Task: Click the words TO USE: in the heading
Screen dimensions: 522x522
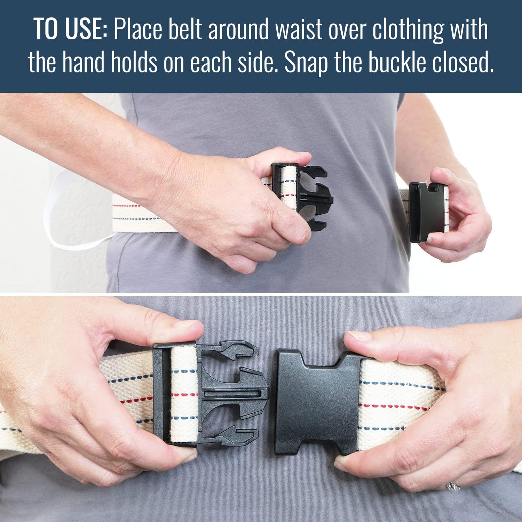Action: (71, 30)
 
